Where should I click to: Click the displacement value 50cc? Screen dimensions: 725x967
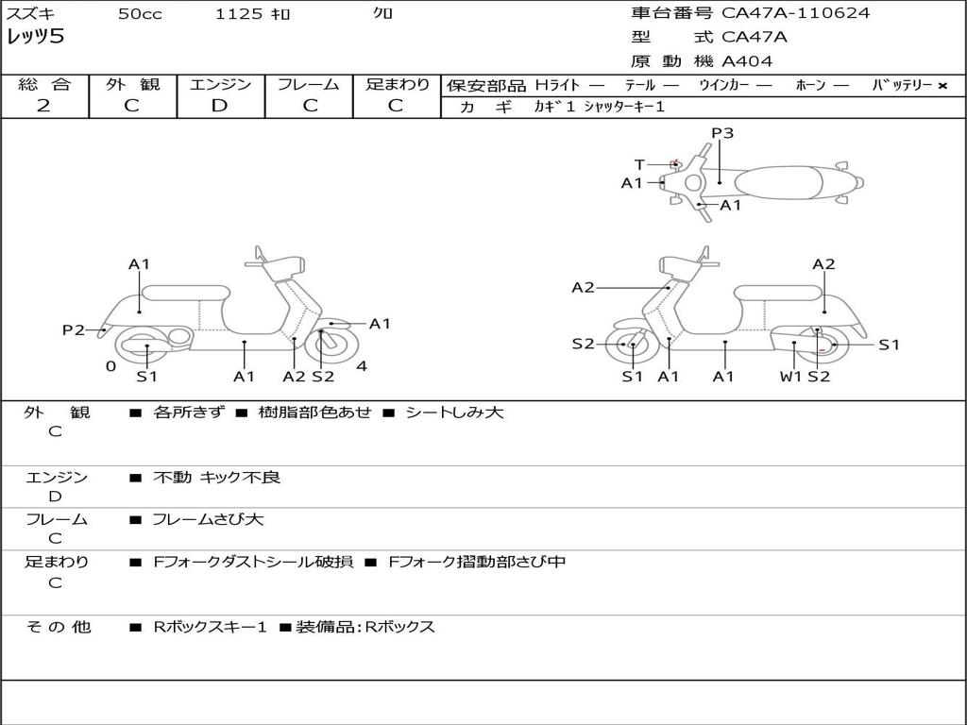click(140, 14)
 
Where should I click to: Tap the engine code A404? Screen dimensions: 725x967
click(747, 61)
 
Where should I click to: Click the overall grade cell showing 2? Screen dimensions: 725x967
click(43, 105)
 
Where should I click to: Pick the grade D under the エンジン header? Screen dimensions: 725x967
click(219, 105)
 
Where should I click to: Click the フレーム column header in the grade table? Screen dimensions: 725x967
click(309, 84)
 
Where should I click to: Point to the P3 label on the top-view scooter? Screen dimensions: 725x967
click(722, 133)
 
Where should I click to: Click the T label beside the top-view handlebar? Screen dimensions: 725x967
click(639, 164)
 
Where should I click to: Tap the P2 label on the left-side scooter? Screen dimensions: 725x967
click(73, 329)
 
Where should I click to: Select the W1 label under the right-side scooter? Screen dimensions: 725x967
click(790, 377)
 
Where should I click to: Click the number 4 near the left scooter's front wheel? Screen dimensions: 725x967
click(362, 366)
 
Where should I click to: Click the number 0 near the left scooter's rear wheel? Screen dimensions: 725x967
click(110, 366)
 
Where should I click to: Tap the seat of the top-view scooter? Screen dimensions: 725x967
click(774, 181)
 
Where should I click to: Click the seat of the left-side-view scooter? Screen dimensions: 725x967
click(185, 292)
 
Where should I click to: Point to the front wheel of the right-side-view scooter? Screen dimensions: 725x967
click(631, 346)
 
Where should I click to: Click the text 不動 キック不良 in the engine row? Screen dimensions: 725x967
click(216, 478)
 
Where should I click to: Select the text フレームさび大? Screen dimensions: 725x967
click(208, 519)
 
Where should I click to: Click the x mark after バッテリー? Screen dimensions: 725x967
click(942, 85)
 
